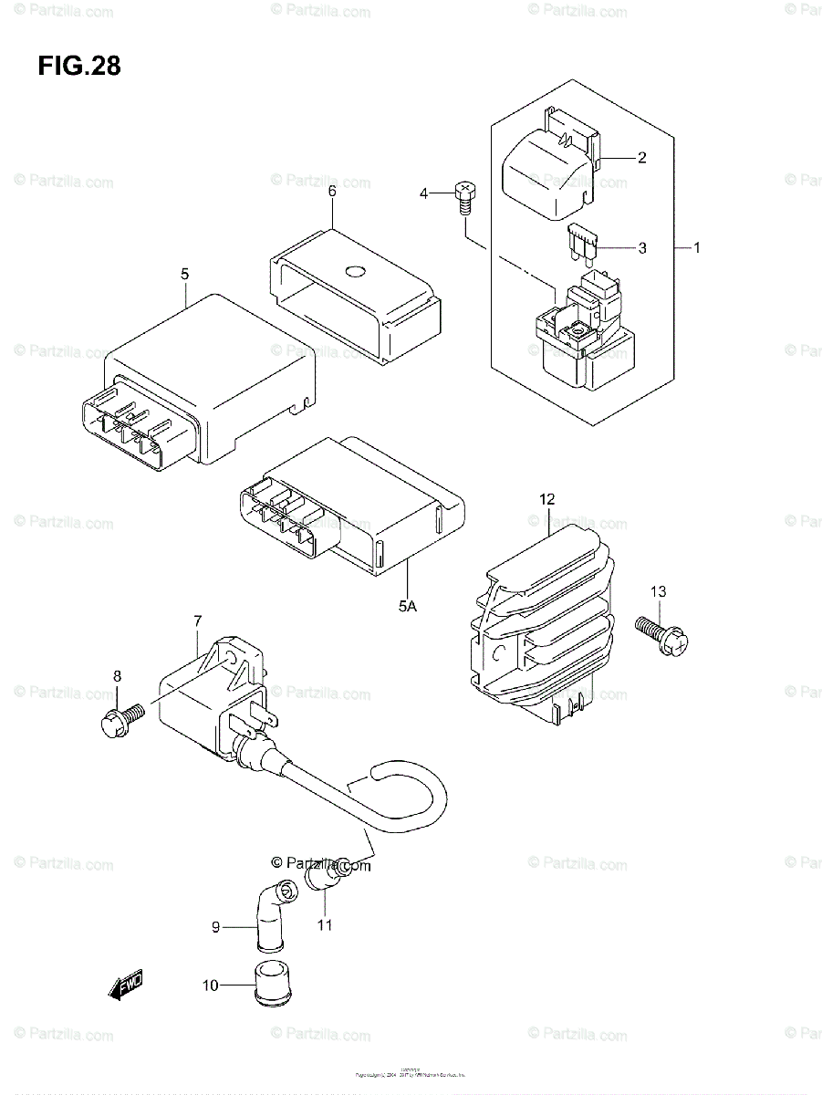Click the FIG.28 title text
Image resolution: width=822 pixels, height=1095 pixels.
tap(80, 67)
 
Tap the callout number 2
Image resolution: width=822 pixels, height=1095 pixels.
tap(642, 158)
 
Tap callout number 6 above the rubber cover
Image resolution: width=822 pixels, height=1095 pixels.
tap(332, 191)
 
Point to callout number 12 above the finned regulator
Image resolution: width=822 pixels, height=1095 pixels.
tap(546, 499)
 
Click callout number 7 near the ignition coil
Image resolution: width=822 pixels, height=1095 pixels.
tap(197, 622)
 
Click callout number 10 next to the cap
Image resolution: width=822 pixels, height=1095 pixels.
tap(211, 985)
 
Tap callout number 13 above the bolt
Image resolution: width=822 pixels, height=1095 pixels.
tap(659, 592)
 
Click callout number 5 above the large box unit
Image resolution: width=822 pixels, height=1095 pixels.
tap(184, 273)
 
